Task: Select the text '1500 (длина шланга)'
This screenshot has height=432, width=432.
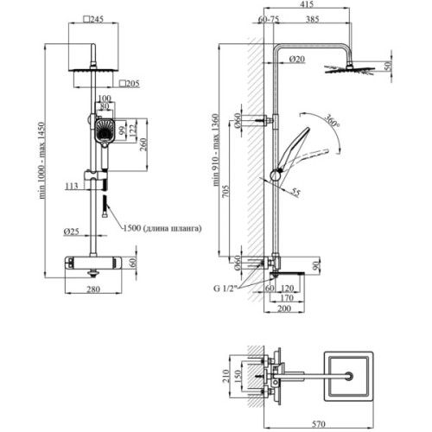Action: coord(165,227)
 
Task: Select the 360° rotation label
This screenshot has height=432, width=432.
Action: coord(330,123)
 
